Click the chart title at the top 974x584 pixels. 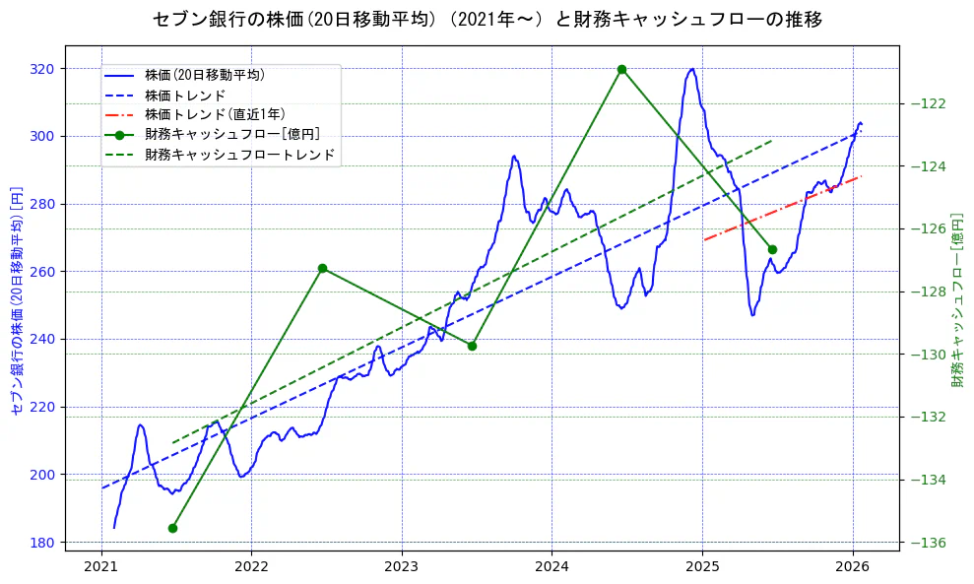click(487, 19)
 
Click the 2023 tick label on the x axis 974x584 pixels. click(401, 566)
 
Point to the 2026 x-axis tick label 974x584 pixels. click(852, 566)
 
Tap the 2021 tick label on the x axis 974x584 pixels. click(100, 566)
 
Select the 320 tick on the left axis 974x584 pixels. click(43, 69)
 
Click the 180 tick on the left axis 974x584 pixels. click(43, 543)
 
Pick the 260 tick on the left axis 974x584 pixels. click(43, 272)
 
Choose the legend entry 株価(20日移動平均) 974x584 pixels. click(204, 74)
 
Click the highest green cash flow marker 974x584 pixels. click(621, 69)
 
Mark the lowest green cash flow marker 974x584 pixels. click(172, 528)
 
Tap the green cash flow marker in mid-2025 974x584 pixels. click(772, 249)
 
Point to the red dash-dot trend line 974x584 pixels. click(788, 209)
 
